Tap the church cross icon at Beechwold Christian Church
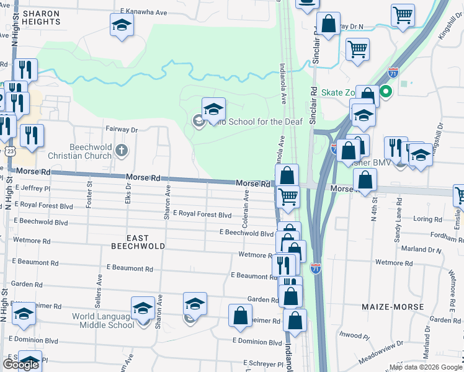pos(122,149)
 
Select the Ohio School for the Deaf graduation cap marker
pos(213,109)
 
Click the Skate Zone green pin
pos(385,93)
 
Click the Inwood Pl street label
pos(354,335)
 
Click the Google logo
pos(20,365)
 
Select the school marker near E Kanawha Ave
pos(122,25)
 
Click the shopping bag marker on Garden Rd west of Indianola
pos(240,315)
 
